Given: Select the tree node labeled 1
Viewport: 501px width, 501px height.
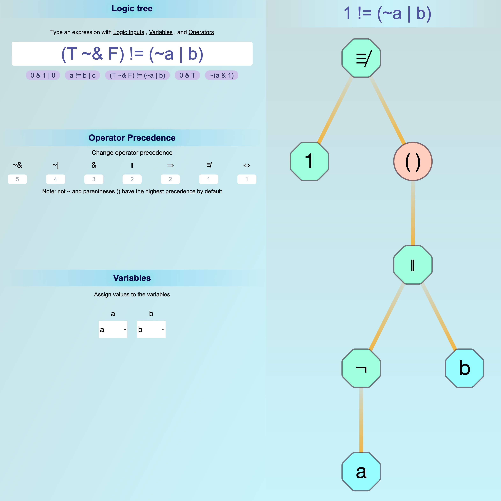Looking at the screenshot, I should pos(309,161).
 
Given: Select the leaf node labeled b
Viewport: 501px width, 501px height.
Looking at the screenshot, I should pos(465,368).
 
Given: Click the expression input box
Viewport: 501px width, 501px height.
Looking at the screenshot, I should pos(132,54).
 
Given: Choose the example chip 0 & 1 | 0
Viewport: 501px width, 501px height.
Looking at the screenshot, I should pos(43,76).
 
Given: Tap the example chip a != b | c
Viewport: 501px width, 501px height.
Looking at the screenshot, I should pos(82,76).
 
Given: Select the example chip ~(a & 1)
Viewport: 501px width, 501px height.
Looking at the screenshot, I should pos(221,76).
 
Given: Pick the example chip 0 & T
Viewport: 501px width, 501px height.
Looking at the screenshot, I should pos(187,76).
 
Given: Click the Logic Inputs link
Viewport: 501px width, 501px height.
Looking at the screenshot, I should pos(129,32).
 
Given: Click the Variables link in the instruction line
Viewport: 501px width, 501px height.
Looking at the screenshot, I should pos(160,32).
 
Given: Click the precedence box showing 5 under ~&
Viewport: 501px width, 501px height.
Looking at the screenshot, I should pos(17,179).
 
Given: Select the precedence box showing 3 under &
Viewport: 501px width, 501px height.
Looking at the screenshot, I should pos(94,179).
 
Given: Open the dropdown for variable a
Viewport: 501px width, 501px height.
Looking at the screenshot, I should pos(113,329).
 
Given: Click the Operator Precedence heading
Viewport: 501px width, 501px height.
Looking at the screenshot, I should pos(132,138).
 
